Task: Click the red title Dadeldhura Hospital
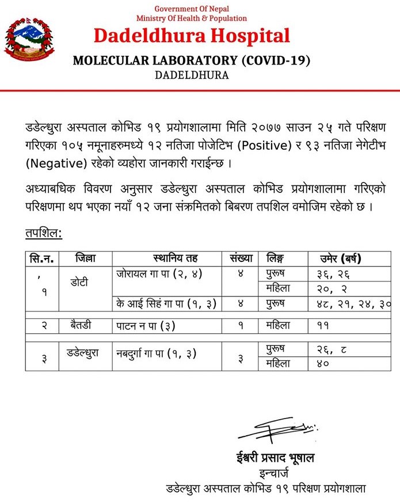[x=192, y=36]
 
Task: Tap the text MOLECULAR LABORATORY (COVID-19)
[x=192, y=61]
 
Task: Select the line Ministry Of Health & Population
[x=192, y=18]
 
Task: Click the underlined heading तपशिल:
[x=44, y=233]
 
